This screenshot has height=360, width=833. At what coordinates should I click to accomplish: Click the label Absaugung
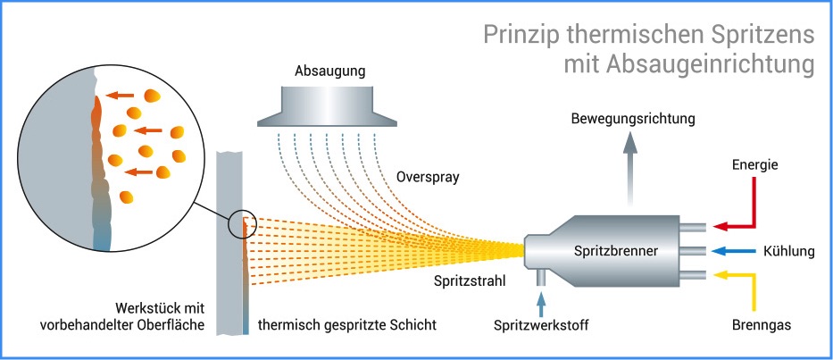pyautogui.click(x=329, y=71)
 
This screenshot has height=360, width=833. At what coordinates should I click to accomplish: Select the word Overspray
pyautogui.click(x=428, y=177)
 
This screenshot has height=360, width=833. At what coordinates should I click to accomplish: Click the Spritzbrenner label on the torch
pyautogui.click(x=615, y=251)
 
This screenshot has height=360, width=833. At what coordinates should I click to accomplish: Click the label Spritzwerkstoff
pyautogui.click(x=541, y=325)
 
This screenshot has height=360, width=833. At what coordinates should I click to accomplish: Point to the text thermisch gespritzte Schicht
pyautogui.click(x=347, y=325)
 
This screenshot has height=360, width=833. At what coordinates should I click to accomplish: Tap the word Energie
pyautogui.click(x=755, y=164)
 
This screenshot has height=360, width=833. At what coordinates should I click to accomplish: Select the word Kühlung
pyautogui.click(x=788, y=251)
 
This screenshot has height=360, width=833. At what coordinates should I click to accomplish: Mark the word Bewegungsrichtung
pyautogui.click(x=633, y=118)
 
